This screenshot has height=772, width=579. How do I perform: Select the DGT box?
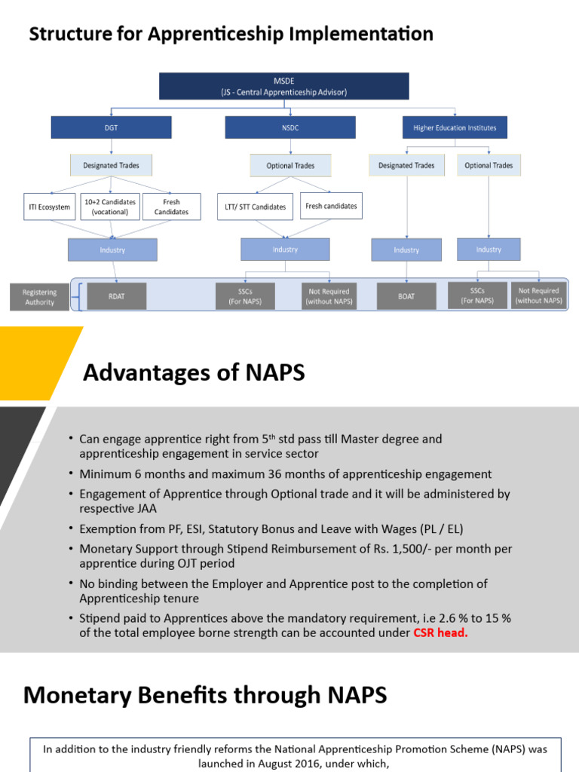(111, 127)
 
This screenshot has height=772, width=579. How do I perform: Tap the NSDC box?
(289, 127)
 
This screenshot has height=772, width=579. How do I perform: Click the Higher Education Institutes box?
(455, 127)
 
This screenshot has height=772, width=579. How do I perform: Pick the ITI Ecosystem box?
(50, 207)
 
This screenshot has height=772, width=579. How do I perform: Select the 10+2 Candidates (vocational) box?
(111, 207)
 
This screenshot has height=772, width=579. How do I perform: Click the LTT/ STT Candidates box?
(256, 207)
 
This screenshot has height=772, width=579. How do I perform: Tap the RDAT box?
(117, 296)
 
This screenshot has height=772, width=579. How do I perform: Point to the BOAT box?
(406, 296)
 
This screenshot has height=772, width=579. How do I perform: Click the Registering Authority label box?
(39, 297)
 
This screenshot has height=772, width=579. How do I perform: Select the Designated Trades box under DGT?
(111, 165)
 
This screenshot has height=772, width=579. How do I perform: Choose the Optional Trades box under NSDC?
(289, 165)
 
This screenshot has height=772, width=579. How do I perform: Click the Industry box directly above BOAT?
(406, 250)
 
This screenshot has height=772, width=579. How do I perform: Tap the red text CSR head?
(440, 633)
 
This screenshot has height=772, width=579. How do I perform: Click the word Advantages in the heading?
(138, 373)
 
